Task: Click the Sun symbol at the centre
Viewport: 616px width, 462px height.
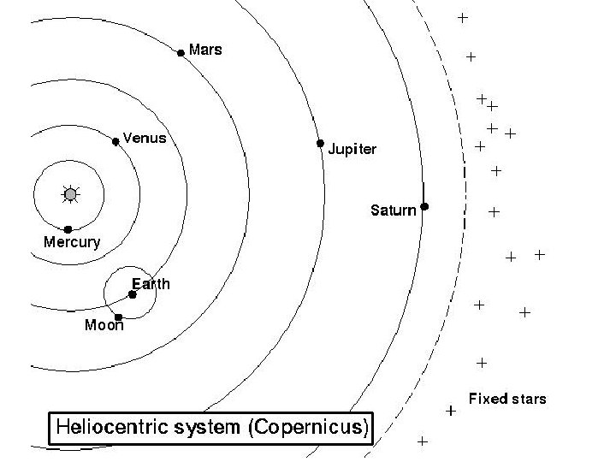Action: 70,195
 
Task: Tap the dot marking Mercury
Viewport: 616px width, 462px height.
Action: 68,229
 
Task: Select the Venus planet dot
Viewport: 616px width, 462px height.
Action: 115,141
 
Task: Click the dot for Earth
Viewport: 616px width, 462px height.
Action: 133,294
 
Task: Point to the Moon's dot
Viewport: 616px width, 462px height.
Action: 118,317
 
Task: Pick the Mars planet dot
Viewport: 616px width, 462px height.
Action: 181,53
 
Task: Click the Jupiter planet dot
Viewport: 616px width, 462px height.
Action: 320,143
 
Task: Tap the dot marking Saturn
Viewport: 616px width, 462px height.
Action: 424,206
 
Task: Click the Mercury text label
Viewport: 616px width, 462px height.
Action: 71,242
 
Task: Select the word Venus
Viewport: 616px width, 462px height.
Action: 145,137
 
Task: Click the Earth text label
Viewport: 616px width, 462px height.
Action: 151,284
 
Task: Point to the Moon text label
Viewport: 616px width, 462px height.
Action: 104,325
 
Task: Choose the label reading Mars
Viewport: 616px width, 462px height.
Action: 205,50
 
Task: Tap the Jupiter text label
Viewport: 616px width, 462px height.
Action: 352,150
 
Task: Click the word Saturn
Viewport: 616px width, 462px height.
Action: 393,210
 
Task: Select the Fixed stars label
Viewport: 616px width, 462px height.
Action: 507,399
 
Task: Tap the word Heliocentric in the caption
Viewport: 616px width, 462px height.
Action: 109,426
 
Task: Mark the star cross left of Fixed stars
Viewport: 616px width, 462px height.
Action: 451,411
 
